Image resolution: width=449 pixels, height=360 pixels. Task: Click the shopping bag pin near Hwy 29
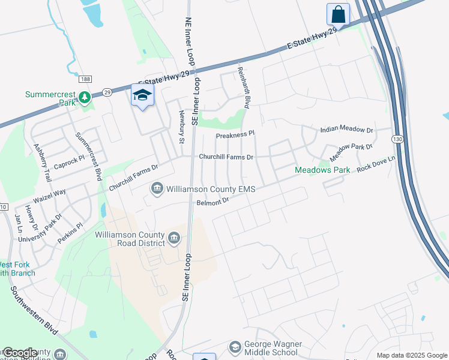coord(338,14)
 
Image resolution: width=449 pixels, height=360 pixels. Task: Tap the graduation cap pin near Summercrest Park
coord(142,95)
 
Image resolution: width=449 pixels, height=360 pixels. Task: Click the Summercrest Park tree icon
coord(85,97)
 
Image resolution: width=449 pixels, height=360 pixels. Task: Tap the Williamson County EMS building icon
coord(157,189)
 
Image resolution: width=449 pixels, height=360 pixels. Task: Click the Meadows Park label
coord(322,170)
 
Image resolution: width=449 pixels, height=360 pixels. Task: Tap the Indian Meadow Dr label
coord(346,130)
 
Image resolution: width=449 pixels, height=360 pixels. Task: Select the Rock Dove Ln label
coord(377,163)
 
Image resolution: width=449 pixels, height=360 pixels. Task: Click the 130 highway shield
coord(397,139)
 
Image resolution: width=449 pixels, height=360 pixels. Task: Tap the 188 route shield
coord(85,79)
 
